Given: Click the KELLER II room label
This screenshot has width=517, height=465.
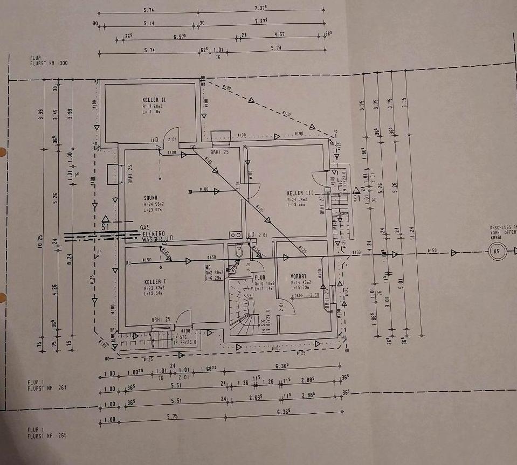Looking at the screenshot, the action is pos(154,100).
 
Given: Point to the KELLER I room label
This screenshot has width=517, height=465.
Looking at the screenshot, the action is pos(155,282).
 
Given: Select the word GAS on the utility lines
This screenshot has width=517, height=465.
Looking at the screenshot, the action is pos(144,228).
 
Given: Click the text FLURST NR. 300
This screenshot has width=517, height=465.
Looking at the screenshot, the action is pos(49,64).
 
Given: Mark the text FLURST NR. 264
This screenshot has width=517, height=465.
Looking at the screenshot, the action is pos(47,387).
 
